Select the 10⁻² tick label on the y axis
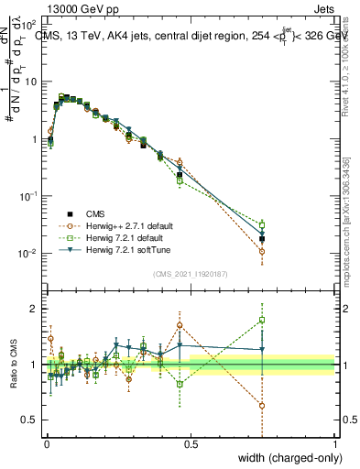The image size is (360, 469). coord(27,254)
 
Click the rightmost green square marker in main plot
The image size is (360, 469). coord(262,224)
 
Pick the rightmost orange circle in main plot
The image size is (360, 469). coord(262,251)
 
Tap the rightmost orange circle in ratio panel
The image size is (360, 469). coord(262,406)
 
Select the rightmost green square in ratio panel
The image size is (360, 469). coord(262,320)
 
